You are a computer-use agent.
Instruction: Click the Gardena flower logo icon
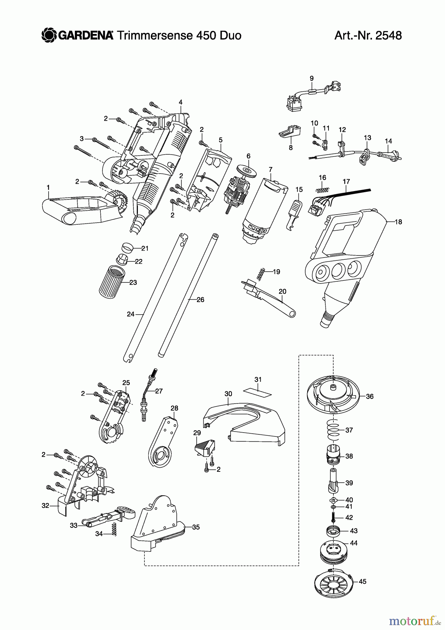pyautogui.click(x=49, y=35)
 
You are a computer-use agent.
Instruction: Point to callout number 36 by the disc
pyautogui.click(x=369, y=397)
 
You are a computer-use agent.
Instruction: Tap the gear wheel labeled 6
pyautogui.click(x=246, y=171)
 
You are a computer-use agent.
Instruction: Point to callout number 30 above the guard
pyautogui.click(x=228, y=394)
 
